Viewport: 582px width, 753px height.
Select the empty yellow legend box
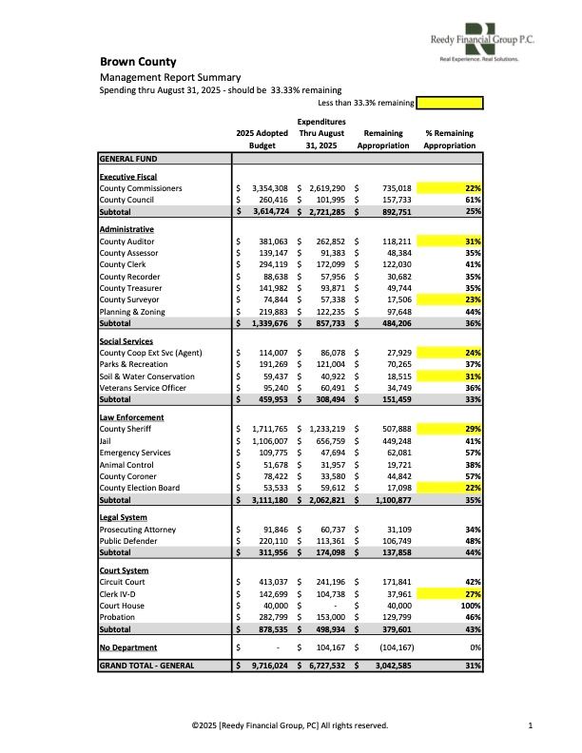point(450,103)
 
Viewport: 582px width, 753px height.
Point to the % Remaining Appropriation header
point(449,140)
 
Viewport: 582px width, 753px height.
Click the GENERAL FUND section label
point(128,159)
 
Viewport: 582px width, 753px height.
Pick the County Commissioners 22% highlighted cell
point(450,188)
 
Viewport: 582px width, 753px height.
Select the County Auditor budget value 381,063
point(269,242)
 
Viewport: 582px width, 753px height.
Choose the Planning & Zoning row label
point(132,311)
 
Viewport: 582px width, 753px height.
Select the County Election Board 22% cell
point(450,488)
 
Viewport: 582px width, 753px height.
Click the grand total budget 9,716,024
point(269,666)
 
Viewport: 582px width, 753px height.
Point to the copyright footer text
point(290,725)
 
